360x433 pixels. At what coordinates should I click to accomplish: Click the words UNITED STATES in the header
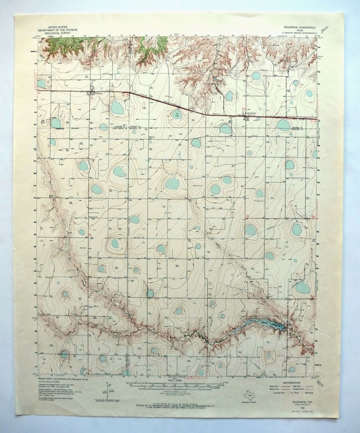click(58, 27)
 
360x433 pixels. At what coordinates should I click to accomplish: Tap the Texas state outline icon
click(248, 394)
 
